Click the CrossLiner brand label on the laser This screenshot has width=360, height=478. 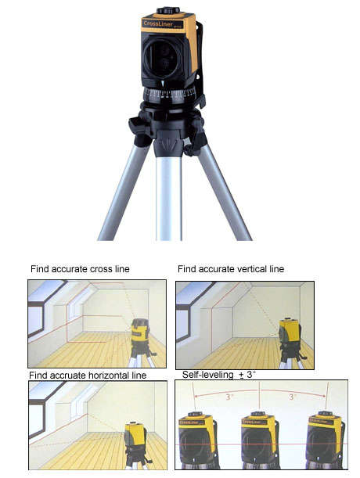[x=160, y=25]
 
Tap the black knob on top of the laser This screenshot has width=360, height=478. [x=168, y=10]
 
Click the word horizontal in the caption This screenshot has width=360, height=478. [x=106, y=376]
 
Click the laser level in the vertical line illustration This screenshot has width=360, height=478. [x=290, y=332]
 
